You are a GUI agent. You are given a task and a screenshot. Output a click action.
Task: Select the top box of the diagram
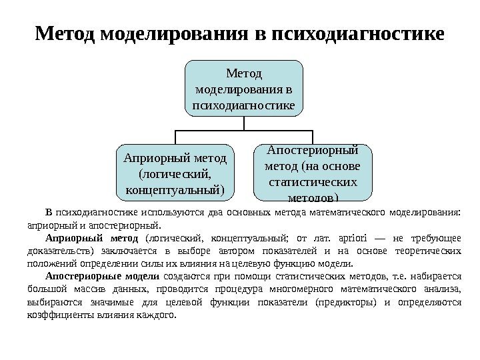[x=244, y=88]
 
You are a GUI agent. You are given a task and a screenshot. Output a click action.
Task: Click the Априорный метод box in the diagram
[x=175, y=173]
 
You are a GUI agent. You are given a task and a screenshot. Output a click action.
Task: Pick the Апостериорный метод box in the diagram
[x=312, y=172]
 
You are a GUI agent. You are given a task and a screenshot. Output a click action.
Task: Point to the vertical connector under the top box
[x=244, y=123]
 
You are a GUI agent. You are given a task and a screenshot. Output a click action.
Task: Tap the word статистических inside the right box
[x=312, y=181]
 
